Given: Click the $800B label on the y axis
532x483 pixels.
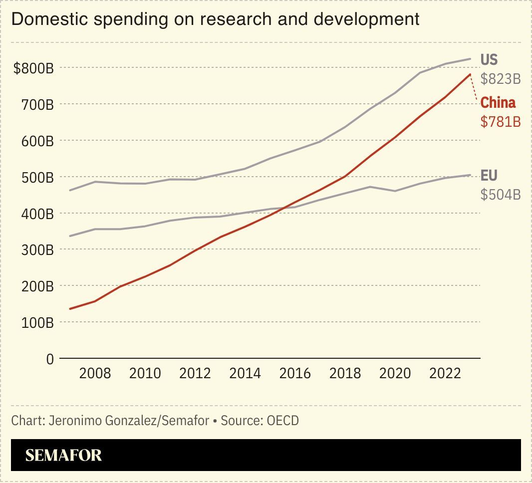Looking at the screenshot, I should point(33,68).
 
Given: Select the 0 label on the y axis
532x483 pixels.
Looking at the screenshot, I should point(49,359).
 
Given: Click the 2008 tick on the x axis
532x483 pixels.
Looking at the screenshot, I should point(95,373).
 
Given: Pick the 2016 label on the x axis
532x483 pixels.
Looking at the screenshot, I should point(294,373).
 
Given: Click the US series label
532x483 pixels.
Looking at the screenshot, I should point(489,60).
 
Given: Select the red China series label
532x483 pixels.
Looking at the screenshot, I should point(498,103).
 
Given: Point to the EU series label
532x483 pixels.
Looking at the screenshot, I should point(489,176).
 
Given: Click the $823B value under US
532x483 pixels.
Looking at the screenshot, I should point(501,79).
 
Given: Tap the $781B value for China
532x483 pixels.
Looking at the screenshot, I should point(501,121).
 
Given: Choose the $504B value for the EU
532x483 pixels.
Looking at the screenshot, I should point(501,195).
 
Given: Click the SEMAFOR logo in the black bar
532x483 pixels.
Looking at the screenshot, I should point(63,455).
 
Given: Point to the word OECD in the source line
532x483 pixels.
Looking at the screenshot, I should point(282,421).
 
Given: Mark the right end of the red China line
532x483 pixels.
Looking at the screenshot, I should point(470,74).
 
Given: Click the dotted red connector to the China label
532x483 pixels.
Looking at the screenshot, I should point(474,90).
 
